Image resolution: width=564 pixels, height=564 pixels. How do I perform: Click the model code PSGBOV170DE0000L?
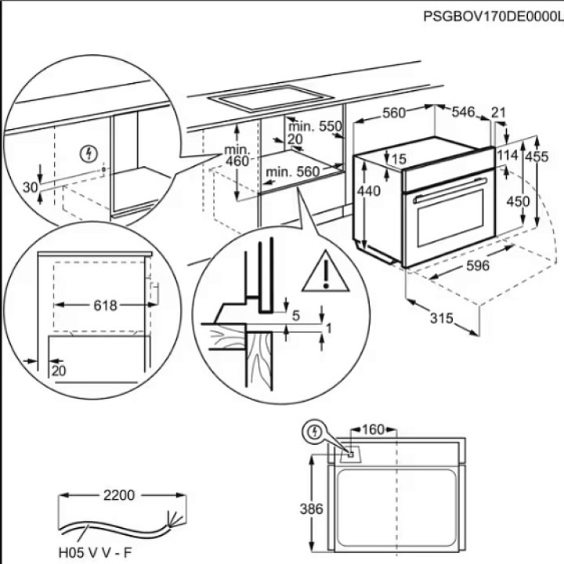(x=493, y=15)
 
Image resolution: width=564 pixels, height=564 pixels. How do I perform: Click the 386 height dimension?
(x=313, y=510)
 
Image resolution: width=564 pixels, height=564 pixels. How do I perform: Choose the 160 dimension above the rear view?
(x=374, y=429)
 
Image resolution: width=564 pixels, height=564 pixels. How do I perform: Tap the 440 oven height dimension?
(x=368, y=192)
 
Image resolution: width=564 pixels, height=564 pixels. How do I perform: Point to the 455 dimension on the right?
(x=537, y=157)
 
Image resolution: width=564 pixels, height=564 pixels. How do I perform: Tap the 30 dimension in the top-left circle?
(x=31, y=187)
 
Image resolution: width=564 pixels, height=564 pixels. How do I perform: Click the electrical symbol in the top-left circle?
(x=89, y=153)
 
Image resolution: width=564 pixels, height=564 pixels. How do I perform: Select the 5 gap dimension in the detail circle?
(x=296, y=316)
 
